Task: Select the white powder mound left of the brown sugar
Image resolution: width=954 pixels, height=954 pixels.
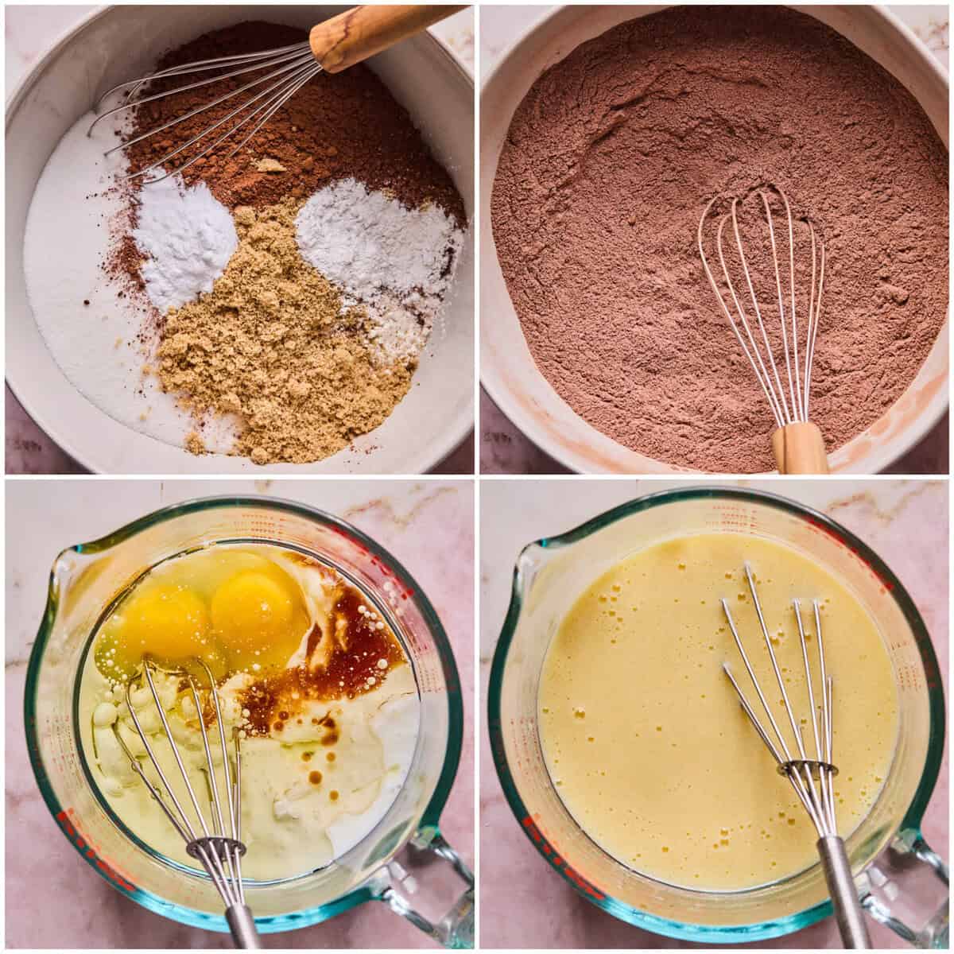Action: point(184,238)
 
